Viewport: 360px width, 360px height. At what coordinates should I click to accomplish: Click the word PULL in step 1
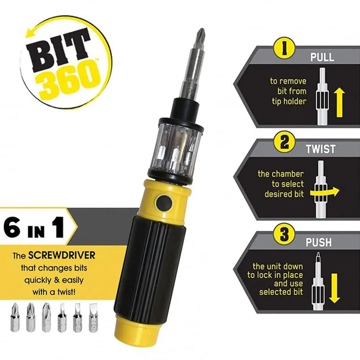[x=322, y=57]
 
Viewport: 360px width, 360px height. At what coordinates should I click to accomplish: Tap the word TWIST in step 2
[x=320, y=149]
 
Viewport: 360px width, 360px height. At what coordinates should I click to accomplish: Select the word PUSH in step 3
[x=319, y=242]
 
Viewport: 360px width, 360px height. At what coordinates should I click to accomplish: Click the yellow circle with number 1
[x=284, y=49]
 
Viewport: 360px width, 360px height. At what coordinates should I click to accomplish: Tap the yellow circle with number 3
[x=284, y=235]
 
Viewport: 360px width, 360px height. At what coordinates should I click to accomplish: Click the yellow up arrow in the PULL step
[x=339, y=103]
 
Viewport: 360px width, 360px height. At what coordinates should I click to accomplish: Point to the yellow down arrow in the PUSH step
[x=334, y=288]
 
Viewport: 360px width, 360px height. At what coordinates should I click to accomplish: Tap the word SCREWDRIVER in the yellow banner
[x=62, y=255]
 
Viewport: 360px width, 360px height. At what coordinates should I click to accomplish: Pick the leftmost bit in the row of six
[x=15, y=317]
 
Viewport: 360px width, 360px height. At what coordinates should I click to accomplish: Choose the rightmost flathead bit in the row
[x=93, y=317]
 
